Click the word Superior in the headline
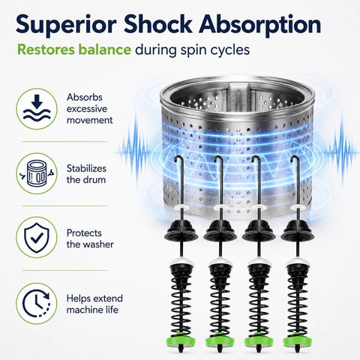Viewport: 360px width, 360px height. pos(66,25)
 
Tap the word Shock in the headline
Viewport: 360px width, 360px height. pos(157,24)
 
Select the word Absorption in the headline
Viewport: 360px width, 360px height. pos(259,25)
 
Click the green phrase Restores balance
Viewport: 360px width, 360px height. pos(74,49)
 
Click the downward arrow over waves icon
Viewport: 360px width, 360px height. pos(37,109)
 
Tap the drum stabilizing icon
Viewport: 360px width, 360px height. pos(37,173)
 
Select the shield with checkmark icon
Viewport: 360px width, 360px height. pos(37,238)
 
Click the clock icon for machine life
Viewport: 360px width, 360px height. pos(37,304)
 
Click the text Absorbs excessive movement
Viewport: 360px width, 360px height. pos(89,109)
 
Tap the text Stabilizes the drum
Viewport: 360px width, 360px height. pos(86,174)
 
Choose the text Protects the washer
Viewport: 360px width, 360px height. pos(90,238)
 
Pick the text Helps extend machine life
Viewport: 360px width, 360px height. pos(94,304)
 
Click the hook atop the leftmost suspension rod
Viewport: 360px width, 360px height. pos(180,160)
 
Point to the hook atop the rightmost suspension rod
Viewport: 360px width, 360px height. pos(295,160)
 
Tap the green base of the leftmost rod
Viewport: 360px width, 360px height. pos(181,340)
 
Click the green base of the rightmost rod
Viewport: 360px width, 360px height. pos(297,340)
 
